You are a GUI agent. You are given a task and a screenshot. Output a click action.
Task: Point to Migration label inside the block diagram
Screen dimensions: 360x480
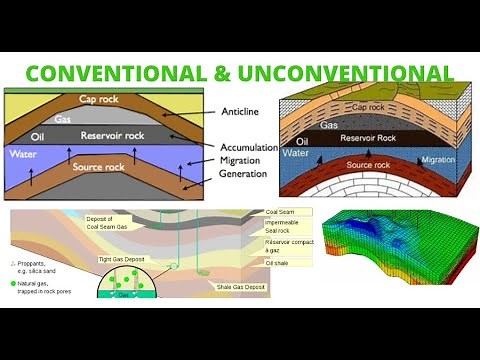tap(439, 159)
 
